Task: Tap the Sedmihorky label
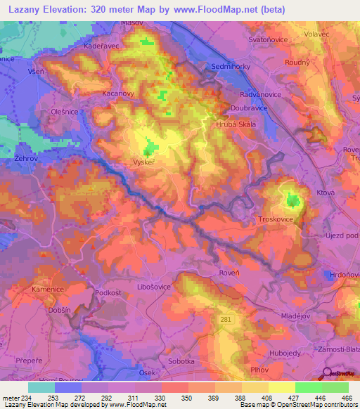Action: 231,67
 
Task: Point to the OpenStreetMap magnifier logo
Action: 328,375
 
